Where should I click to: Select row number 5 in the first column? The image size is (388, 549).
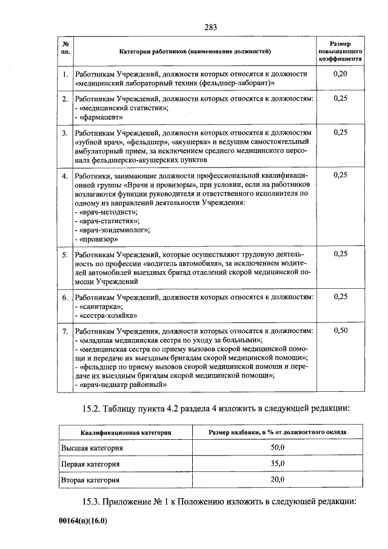click(65, 255)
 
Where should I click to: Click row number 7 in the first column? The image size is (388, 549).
click(65, 331)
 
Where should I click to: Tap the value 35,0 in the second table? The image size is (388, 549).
click(278, 463)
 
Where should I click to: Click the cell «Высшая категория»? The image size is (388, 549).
click(92, 448)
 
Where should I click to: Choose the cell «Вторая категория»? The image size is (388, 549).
click(91, 480)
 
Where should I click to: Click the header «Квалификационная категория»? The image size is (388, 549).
click(125, 432)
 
